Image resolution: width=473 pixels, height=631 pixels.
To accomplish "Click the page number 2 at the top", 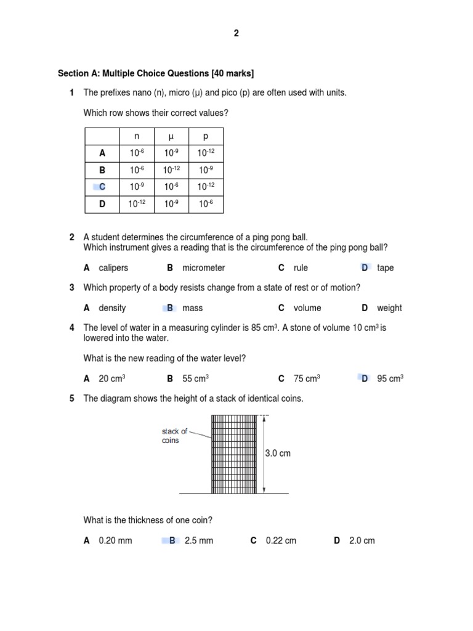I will point(236,34).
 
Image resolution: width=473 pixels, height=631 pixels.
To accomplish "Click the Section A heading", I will point(156,73).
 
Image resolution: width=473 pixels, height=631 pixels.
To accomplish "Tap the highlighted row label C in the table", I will point(102,186).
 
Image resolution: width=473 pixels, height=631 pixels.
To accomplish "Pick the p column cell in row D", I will point(206,203).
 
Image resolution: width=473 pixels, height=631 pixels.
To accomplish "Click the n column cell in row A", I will point(137,153).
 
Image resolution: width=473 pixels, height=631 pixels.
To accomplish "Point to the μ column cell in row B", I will point(171,169).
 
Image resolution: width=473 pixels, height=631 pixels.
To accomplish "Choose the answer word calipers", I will point(113,268).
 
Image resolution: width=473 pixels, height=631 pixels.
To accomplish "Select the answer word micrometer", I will point(204,268).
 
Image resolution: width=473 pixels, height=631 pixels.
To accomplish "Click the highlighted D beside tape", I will point(365,268).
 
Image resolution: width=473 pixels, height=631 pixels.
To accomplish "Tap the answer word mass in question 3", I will point(193,308).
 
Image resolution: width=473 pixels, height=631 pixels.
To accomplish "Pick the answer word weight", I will point(389,308).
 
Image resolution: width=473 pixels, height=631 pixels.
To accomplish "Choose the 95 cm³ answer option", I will point(390,379).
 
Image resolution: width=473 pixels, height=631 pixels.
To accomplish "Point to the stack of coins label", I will point(174,436).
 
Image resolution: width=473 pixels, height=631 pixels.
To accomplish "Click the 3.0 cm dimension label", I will point(278,454).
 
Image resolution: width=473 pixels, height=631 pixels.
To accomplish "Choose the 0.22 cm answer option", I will point(281,541).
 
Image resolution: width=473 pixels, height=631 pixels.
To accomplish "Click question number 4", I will point(72,328).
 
